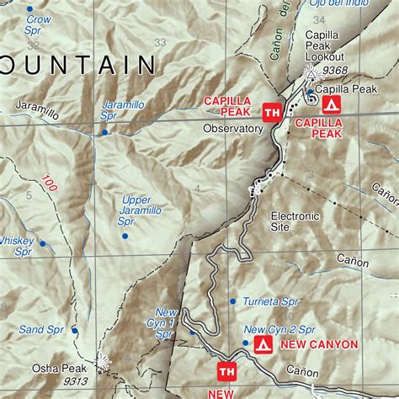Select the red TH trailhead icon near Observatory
(272, 111)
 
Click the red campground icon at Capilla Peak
(331, 104)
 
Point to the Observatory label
(233, 129)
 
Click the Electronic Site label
(295, 221)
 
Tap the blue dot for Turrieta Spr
(233, 301)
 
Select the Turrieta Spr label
(271, 301)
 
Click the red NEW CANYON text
(320, 344)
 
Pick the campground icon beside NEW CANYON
(263, 344)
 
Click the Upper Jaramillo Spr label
(136, 210)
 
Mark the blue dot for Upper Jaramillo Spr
(125, 236)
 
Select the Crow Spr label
(38, 24)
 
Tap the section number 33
(160, 42)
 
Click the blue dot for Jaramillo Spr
(104, 132)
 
